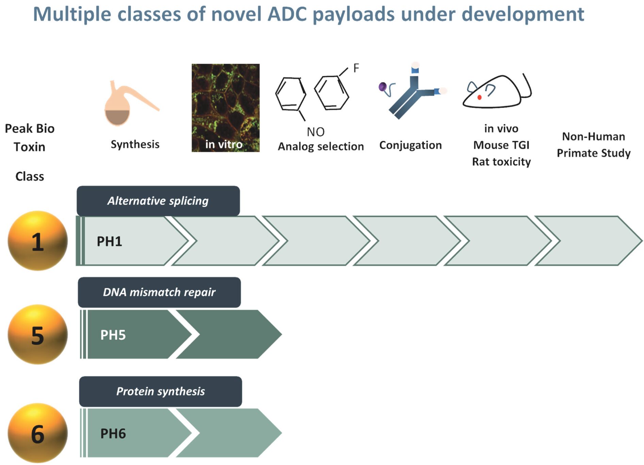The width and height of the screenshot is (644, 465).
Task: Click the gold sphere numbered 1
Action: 37,241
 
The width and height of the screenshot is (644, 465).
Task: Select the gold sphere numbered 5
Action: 37,335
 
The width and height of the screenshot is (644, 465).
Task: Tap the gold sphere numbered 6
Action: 37,433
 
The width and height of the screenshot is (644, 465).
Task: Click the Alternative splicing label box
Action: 158,201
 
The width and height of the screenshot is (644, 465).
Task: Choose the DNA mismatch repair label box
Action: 159,292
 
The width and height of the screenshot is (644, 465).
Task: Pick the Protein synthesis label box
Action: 161,391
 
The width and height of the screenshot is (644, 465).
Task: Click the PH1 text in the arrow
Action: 109,241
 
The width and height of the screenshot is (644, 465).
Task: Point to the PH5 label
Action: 113,335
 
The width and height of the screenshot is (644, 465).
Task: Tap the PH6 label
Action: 113,434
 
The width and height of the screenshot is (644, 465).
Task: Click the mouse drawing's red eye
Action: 479,97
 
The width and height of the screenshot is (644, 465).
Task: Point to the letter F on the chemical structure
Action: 356,68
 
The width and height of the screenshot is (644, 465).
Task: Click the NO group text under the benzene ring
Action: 316,132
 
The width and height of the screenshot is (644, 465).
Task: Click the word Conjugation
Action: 410,145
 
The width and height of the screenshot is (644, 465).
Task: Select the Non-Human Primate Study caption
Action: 594,145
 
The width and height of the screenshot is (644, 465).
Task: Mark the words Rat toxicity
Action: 501,161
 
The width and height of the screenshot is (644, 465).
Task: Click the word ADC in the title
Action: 287,14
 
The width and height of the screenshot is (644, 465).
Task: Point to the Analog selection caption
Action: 321,146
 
